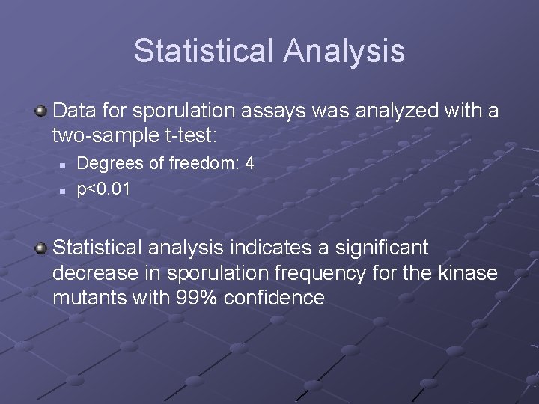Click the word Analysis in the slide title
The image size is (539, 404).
point(344,51)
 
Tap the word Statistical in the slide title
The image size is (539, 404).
point(204,51)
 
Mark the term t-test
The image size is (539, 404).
point(190,135)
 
